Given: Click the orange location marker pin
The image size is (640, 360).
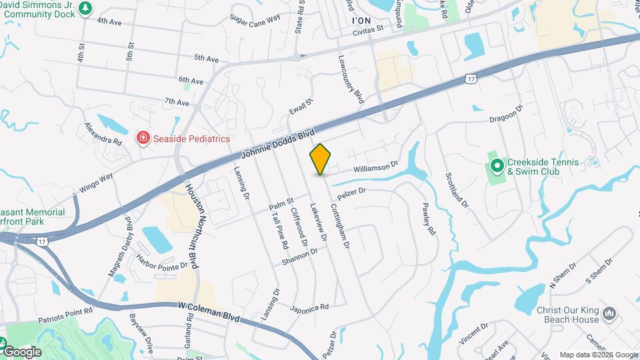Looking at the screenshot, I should coord(321,159).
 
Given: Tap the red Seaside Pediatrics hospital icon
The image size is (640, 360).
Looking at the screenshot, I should coord(142,139).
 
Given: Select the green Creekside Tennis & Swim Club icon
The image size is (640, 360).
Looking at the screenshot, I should coord(497,165).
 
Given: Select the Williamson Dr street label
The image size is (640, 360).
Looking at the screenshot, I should coord(375,166).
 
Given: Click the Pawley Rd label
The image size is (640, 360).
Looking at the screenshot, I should coord(429,219).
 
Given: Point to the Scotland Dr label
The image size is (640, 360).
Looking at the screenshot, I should coord(457,189).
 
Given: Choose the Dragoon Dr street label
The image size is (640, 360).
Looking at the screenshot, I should coord(507,117).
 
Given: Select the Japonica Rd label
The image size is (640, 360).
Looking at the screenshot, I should coord(309,308).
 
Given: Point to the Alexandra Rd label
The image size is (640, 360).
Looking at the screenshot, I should coord(103,133).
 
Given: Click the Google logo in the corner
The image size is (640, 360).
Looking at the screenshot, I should coord(21,351).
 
